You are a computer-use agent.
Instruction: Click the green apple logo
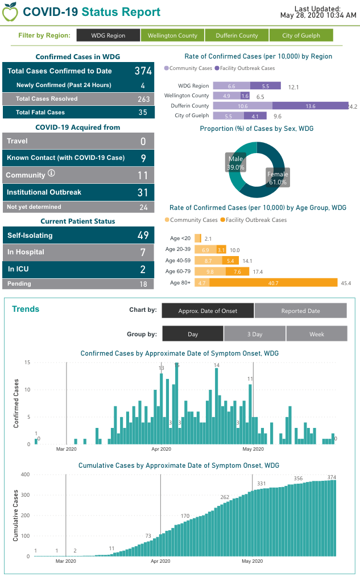click(10, 11)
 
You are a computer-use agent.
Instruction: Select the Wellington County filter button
click(172, 35)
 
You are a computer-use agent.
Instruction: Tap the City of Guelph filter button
click(301, 35)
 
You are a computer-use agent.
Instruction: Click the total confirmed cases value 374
click(143, 71)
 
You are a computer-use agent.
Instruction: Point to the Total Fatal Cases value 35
click(143, 112)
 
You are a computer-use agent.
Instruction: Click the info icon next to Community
click(51, 173)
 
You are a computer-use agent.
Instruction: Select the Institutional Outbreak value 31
click(142, 193)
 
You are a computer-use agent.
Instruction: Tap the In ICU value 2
click(143, 269)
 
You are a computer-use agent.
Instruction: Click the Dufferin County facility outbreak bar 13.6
click(310, 106)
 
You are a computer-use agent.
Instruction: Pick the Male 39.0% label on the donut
click(235, 163)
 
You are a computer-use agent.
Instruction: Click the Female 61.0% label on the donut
click(278, 178)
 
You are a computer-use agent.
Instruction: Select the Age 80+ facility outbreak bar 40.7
click(273, 282)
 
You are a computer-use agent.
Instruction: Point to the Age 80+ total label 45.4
click(346, 283)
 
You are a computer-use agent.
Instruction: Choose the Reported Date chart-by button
click(300, 311)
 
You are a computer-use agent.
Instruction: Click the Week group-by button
click(316, 334)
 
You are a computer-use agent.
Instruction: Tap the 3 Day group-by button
click(254, 334)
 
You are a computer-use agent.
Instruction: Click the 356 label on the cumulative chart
click(298, 479)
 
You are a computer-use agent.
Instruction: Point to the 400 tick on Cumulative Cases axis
click(25, 474)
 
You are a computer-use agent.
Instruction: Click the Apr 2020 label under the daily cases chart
click(161, 449)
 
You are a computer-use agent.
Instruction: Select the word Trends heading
click(26, 309)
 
